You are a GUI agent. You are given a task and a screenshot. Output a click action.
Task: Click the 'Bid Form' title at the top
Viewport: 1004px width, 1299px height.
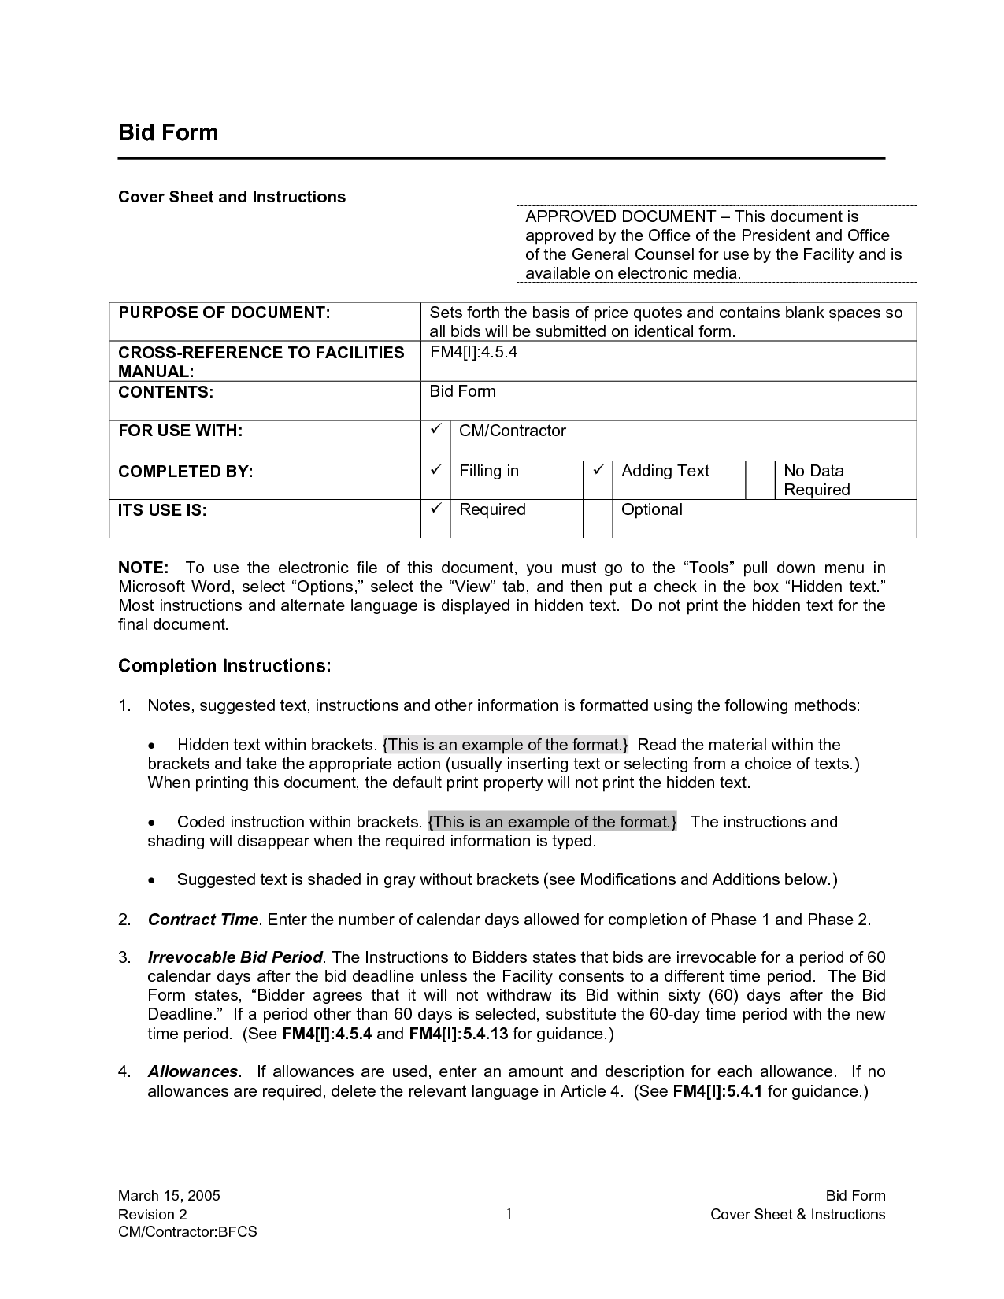(168, 132)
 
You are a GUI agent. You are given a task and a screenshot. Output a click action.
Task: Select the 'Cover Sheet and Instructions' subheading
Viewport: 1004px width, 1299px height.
(232, 197)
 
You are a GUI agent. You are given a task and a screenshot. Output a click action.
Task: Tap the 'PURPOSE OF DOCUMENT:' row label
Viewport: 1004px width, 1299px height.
(224, 313)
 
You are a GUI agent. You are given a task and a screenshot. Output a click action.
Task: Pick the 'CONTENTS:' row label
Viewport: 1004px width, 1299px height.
(165, 392)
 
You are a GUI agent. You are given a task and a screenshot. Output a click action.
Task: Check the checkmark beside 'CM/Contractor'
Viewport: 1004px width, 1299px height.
(435, 430)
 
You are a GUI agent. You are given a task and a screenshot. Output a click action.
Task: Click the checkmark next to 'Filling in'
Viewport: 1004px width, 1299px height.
(435, 470)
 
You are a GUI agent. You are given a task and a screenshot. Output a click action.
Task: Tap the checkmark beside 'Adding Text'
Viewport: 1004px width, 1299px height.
(598, 470)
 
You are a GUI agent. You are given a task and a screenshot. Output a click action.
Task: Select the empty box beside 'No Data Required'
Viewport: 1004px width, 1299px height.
(760, 479)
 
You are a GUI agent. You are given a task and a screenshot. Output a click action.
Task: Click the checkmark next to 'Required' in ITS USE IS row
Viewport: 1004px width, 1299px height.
(435, 509)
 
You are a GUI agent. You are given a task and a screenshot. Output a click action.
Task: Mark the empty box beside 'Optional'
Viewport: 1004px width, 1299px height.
(598, 518)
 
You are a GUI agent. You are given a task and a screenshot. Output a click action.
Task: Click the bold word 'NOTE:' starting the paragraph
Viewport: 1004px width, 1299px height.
(143, 568)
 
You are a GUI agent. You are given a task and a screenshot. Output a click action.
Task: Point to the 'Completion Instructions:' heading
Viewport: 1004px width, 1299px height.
(224, 666)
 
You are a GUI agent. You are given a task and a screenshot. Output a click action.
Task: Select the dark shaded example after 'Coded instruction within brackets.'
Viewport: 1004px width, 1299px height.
(552, 822)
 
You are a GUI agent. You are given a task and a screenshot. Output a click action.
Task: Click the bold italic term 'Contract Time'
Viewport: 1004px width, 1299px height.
(203, 920)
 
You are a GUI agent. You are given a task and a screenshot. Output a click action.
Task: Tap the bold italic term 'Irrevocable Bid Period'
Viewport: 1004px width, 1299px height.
(235, 957)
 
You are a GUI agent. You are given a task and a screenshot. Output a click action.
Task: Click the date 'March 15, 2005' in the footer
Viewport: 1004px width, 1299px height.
(169, 1195)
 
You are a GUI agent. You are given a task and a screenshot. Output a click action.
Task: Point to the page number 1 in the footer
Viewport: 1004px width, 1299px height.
(509, 1214)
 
